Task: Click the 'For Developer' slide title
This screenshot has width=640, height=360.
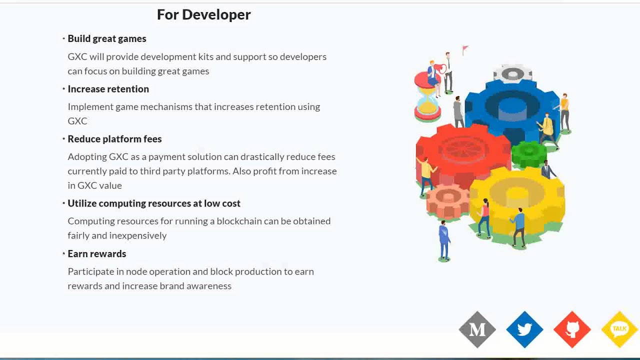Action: tap(203, 14)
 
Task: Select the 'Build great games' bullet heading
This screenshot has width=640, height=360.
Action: tap(107, 38)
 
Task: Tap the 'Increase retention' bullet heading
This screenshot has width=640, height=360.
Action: tap(108, 89)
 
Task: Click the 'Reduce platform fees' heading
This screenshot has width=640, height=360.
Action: tap(114, 139)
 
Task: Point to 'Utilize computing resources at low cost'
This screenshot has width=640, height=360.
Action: tap(154, 203)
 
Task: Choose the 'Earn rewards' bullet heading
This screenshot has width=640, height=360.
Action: tap(97, 253)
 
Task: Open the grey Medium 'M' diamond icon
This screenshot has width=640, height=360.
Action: tap(477, 329)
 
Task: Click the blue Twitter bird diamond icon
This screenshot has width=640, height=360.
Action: tap(524, 329)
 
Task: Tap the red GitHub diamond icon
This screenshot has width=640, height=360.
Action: tap(572, 329)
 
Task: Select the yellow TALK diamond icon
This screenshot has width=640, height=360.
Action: tap(619, 329)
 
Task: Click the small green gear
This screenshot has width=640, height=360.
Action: tap(528, 154)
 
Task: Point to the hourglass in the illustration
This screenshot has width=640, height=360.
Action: tap(427, 97)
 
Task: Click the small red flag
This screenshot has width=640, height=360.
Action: tap(465, 49)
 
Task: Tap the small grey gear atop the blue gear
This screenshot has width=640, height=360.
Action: tap(512, 73)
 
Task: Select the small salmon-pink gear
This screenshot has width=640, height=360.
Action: tap(447, 201)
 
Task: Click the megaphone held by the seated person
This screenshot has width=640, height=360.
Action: tap(440, 69)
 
